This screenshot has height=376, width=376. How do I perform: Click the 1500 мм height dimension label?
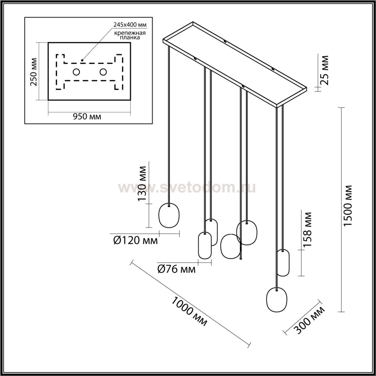pos(348,206)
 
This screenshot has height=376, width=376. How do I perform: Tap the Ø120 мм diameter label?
pos(135,241)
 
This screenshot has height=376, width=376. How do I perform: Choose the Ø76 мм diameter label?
pos(176,269)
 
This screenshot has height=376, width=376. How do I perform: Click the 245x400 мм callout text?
pos(130,25)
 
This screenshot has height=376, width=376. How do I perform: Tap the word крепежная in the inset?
pos(130,33)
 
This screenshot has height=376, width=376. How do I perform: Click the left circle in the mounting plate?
pos(76,72)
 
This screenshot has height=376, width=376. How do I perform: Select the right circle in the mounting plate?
pos(103,72)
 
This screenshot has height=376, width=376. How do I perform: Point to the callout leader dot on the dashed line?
pos(82,60)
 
